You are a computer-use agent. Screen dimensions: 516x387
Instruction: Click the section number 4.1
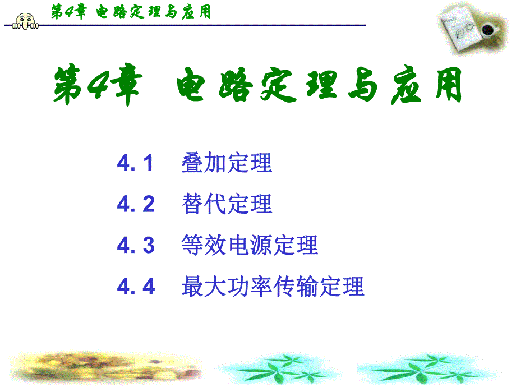[135, 163]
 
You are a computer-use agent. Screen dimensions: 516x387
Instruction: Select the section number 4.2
[136, 204]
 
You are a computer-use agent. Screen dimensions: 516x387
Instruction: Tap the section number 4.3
[136, 245]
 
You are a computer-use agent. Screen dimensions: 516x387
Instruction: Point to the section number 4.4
[136, 286]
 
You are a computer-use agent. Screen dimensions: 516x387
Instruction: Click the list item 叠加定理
[227, 163]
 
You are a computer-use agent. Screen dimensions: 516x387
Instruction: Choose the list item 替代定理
[227, 204]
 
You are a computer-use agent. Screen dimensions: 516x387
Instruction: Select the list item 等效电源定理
[250, 245]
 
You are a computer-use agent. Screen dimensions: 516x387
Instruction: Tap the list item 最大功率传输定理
[273, 286]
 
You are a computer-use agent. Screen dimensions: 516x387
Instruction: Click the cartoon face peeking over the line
[25, 21]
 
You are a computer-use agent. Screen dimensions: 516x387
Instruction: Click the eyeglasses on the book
[464, 30]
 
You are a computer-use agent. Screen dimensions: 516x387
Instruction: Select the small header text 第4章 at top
[69, 12]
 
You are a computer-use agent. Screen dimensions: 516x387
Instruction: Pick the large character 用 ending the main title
[448, 85]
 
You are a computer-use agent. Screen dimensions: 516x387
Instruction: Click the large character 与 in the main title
[363, 85]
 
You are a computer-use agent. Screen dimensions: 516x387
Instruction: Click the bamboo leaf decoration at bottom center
[280, 369]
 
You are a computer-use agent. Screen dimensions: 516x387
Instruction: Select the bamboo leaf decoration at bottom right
[428, 369]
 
